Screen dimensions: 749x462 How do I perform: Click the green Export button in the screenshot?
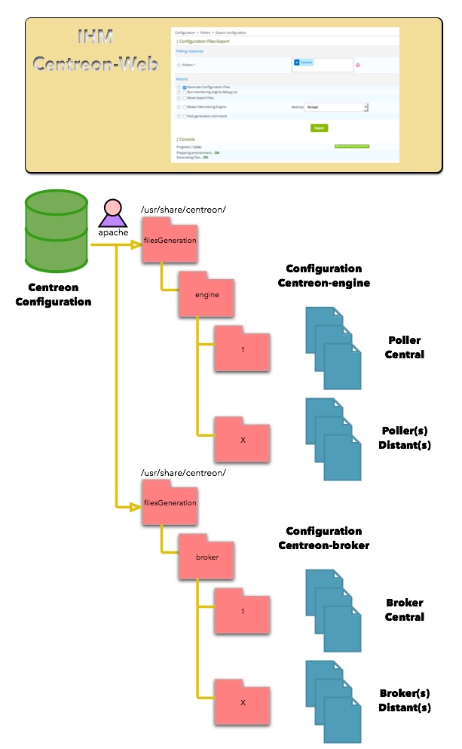coord(320,128)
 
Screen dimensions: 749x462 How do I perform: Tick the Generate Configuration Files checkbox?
coord(184,87)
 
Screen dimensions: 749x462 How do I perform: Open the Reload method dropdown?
coord(336,108)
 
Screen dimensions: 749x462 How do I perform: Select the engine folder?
coord(206,293)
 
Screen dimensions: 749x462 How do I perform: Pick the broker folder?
coord(206,556)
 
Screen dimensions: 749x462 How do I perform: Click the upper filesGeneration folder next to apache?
coord(170,240)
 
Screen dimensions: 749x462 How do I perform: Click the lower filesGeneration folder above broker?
coord(170,502)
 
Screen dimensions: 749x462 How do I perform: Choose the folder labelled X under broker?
coord(242,701)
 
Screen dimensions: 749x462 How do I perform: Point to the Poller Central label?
coord(405,348)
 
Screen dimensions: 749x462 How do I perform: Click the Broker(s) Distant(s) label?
coord(405,701)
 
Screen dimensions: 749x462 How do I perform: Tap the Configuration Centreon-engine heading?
coord(324,275)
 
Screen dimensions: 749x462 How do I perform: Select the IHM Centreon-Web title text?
coord(96,51)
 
